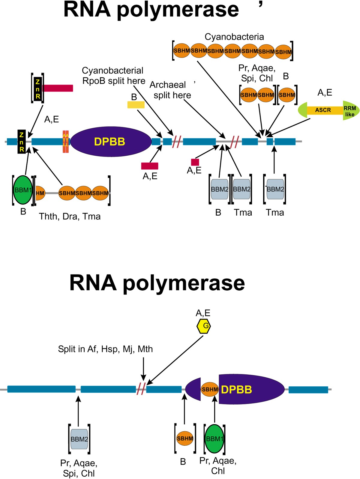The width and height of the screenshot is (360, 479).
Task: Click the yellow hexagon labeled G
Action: pos(203,326)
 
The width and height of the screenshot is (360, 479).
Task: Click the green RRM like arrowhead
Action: pos(350,111)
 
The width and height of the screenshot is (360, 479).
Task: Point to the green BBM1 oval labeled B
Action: pos(22,190)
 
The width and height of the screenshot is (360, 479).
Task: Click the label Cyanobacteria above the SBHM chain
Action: pos(234,37)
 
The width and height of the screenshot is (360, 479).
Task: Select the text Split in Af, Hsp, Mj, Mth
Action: pos(105,349)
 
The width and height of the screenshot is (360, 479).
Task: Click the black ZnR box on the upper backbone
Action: pos(21,142)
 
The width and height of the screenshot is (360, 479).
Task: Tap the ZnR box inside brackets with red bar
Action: pos(37,88)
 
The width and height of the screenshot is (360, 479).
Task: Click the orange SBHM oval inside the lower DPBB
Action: pos(209,389)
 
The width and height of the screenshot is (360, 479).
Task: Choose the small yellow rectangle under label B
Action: pos(136,105)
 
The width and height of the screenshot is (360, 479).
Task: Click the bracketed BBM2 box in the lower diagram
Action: pos(79,439)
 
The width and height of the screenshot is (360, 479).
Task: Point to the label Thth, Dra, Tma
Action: pos(70,216)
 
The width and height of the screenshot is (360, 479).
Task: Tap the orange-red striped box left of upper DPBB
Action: pos(66,142)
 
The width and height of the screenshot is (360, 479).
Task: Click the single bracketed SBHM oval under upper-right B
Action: pos(286,95)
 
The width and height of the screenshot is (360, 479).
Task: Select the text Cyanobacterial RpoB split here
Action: pos(113,76)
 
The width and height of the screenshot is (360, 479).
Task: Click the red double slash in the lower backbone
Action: pos(141,389)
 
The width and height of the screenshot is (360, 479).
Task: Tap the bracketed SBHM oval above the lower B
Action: pos(185,439)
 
